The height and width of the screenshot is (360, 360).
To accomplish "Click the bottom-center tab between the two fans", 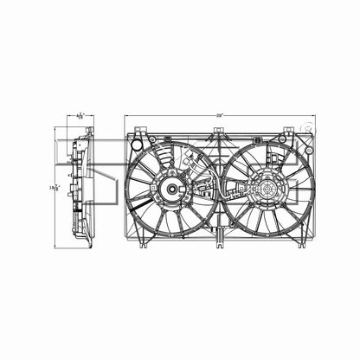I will tap(219, 241).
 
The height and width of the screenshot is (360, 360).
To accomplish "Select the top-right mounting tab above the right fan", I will tap(286, 135).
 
